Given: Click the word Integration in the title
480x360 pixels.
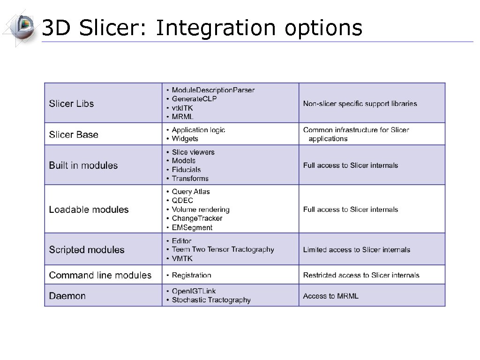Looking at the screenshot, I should [215, 29].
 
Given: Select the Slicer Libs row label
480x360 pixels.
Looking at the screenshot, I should [71, 104].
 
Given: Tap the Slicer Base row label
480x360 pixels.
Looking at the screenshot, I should [74, 135].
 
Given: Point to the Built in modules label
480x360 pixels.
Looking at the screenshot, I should [83, 165].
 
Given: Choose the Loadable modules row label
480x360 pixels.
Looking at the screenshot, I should [89, 210].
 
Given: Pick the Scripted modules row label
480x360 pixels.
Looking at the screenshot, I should [87, 250].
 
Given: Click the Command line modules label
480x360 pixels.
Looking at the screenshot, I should [100, 275].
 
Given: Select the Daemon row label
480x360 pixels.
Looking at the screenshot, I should [67, 296].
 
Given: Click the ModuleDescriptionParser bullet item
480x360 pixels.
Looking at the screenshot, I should [213, 90].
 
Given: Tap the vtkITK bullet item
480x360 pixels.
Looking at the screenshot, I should [182, 108].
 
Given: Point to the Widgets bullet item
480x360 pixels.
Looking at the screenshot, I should [185, 139].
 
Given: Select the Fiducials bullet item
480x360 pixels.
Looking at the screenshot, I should [186, 170].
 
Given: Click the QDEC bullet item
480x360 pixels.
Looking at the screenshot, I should [182, 201].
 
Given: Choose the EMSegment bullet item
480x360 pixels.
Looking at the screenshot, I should [192, 228].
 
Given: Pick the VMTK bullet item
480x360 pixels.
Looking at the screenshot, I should [182, 259].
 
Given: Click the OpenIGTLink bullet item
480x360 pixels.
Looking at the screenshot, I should [194, 291].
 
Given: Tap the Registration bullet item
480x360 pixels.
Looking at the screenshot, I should [191, 275].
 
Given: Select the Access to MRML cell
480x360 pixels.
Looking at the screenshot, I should [330, 296].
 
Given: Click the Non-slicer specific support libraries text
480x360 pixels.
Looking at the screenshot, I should [360, 104].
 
